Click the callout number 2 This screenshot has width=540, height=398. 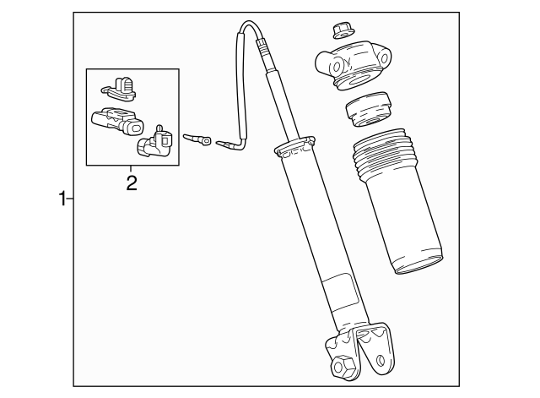coord(132,182)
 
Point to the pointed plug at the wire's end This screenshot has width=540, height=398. coord(227,144)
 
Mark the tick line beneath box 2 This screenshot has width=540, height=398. coord(132,169)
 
